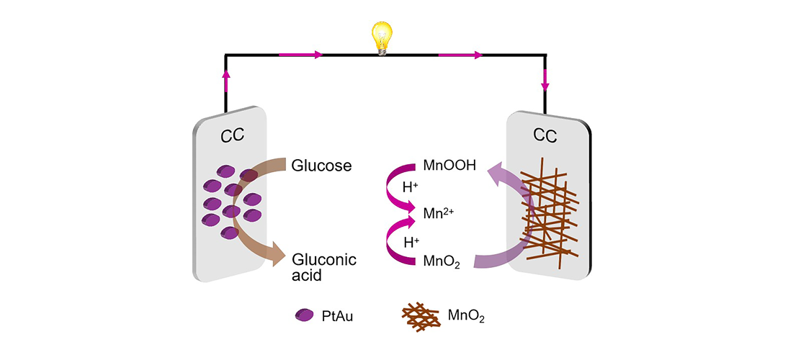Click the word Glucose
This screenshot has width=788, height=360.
321,166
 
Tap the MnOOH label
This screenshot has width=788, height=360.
449,166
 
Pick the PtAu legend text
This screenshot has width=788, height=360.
336,315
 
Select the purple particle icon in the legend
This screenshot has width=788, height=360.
305,315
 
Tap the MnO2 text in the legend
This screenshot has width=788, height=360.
466,315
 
